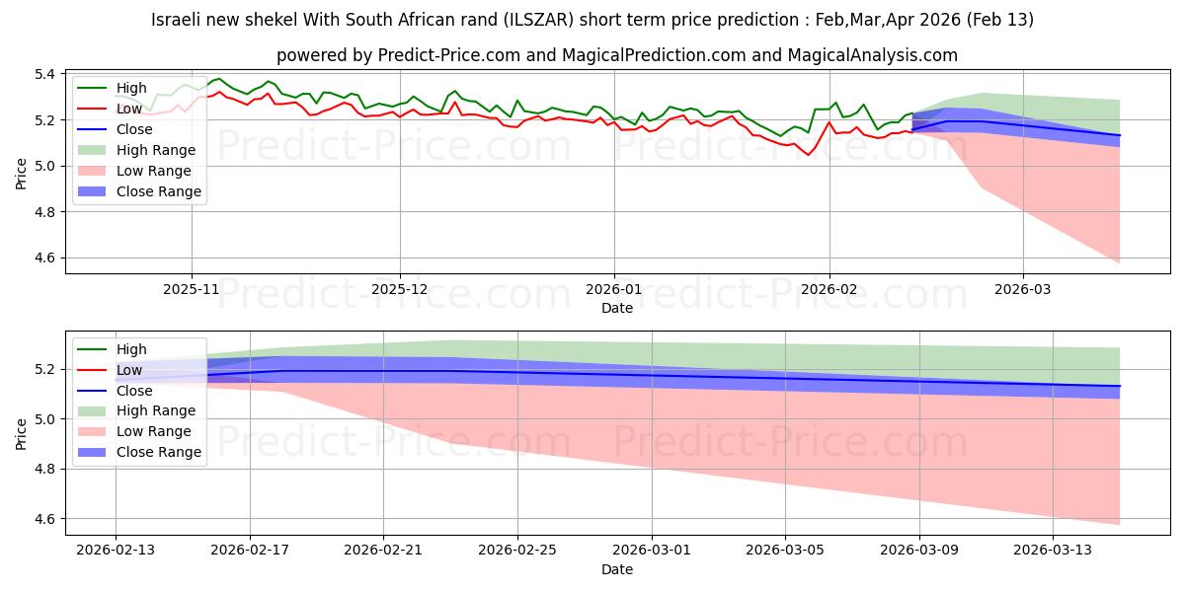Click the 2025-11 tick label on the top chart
pyautogui.click(x=192, y=289)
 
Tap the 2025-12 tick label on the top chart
pyautogui.click(x=400, y=289)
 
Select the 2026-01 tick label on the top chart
pyautogui.click(x=614, y=289)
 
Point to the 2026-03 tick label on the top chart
pyautogui.click(x=1023, y=289)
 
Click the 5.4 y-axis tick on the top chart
pyautogui.click(x=45, y=74)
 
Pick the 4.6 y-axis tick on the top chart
pyautogui.click(x=45, y=258)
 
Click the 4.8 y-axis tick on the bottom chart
pyautogui.click(x=45, y=469)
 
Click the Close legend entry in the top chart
pyautogui.click(x=134, y=129)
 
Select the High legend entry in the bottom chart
pyautogui.click(x=131, y=349)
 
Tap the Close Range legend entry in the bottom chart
pyautogui.click(x=158, y=452)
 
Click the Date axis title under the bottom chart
pyautogui.click(x=617, y=569)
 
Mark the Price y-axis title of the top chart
pyautogui.click(x=22, y=172)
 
